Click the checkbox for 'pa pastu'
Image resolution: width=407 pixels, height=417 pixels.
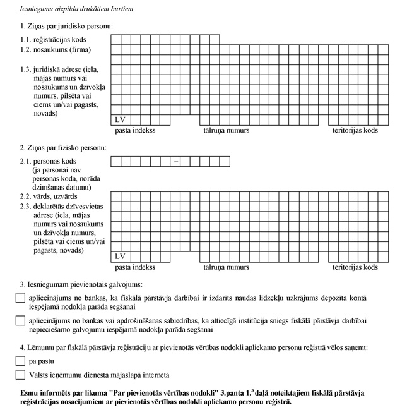pos(20,361)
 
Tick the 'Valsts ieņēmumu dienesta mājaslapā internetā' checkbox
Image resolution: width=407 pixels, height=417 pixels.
pos(20,375)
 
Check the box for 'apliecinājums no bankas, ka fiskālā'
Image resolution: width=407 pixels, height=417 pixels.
pos(20,298)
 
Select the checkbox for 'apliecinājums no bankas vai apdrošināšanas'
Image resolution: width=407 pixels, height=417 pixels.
pos(20,321)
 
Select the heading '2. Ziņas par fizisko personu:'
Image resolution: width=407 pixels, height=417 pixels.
pos(64,148)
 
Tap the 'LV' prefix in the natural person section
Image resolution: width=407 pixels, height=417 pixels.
pos(121,256)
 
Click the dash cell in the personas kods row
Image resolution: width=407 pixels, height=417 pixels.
pos(176,162)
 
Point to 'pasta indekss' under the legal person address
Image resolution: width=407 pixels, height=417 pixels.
pos(135,131)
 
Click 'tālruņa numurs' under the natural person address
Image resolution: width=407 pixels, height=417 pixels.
pos(226,267)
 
